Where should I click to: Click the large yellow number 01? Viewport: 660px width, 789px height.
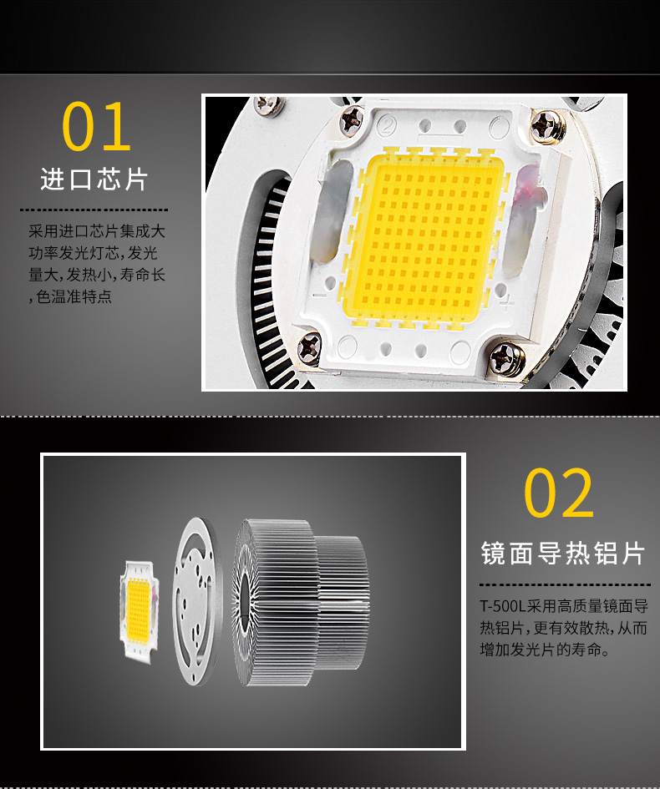(x=97, y=127)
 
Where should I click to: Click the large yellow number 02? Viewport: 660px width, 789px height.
(x=559, y=494)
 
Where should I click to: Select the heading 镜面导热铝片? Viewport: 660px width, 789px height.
(x=564, y=553)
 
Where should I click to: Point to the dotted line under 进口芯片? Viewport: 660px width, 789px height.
(x=94, y=209)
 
